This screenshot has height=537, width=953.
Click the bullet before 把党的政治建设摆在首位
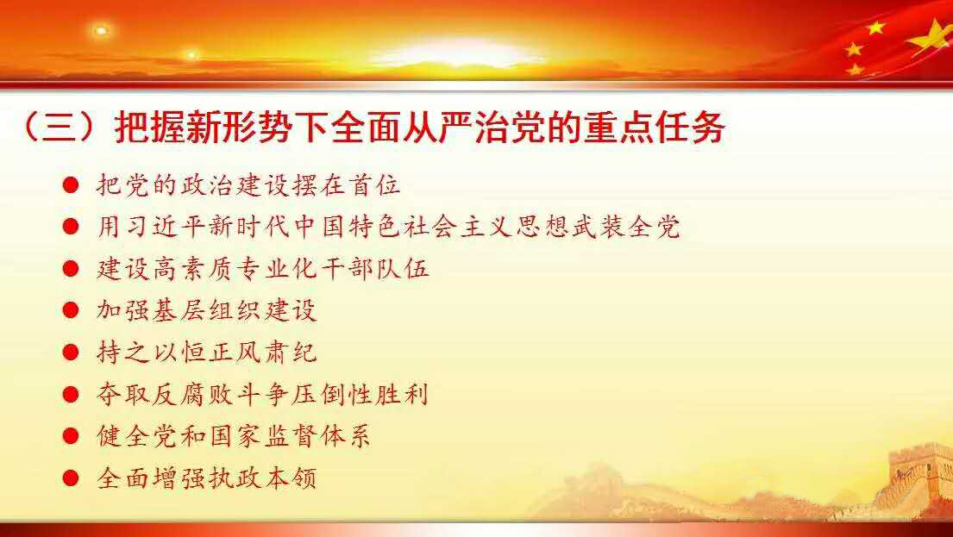[x=71, y=185]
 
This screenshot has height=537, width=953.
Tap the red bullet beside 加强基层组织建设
[x=71, y=310]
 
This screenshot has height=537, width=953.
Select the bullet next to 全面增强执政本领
[x=71, y=478]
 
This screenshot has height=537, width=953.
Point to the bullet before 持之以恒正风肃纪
[x=71, y=353]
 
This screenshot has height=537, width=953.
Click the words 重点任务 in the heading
[x=655, y=128]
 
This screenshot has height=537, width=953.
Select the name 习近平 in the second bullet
[x=152, y=228]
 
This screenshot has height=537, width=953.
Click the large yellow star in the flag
[x=931, y=38]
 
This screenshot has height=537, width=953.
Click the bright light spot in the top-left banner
[x=101, y=30]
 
